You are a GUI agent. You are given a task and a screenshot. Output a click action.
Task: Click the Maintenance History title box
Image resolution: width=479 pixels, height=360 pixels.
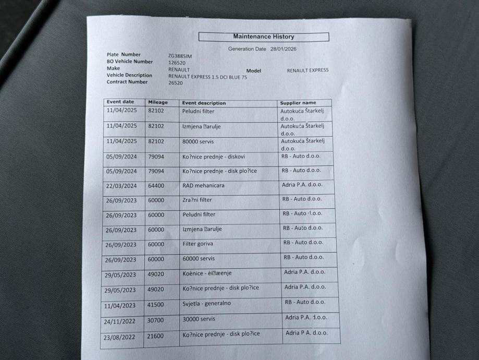263,37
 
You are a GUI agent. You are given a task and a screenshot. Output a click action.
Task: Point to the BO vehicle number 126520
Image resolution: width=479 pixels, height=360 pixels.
177,63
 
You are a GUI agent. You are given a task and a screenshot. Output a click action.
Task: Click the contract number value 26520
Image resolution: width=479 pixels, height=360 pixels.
176,82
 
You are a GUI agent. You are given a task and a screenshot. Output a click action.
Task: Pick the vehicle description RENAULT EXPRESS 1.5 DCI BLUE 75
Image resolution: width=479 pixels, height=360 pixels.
207,77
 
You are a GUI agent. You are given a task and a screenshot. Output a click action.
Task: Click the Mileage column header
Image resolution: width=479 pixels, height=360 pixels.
158,102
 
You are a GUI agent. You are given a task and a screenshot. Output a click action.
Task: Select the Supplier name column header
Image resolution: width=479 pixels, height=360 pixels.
298,103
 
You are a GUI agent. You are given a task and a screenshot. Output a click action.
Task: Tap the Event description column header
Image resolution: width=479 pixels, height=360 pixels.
204,103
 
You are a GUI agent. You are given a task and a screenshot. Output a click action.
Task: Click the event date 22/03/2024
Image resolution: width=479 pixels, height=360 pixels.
121,186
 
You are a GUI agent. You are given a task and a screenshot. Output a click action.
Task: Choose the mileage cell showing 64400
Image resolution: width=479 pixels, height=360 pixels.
156,185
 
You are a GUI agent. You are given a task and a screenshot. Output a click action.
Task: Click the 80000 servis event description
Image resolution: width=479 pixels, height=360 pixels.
198,141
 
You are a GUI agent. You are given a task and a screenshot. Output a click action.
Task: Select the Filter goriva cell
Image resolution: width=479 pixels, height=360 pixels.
198,244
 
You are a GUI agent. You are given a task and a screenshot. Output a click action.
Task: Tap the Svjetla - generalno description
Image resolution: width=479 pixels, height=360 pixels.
206,303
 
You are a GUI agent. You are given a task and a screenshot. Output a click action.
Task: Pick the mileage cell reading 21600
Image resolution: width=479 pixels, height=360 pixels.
156,336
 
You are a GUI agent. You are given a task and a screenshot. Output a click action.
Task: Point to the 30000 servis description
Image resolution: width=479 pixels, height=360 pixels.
199,318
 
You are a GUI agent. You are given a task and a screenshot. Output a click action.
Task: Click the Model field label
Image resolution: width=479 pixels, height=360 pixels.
253,71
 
